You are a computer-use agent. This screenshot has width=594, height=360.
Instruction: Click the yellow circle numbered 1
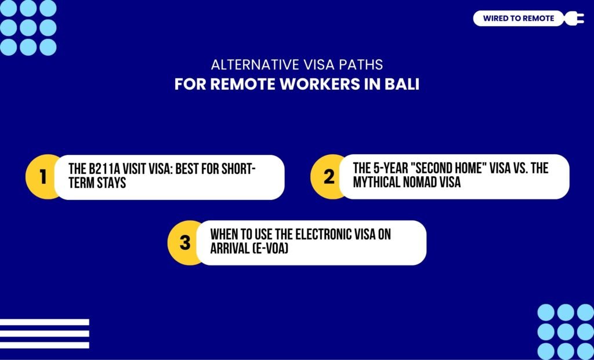(x=42, y=177)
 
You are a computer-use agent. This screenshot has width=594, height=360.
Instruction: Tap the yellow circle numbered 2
(x=329, y=177)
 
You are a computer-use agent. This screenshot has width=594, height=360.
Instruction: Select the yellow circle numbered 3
(x=185, y=242)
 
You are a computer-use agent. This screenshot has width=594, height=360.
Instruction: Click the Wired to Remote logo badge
(x=518, y=19)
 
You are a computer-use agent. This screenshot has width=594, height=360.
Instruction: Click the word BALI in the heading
(x=401, y=85)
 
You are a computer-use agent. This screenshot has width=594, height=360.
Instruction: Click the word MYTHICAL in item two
(x=378, y=183)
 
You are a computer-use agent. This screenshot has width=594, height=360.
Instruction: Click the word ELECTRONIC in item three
(x=317, y=234)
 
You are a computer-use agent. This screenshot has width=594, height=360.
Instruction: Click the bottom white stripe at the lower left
(x=45, y=345)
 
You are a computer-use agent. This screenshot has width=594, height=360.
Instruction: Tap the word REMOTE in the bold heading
(x=244, y=85)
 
